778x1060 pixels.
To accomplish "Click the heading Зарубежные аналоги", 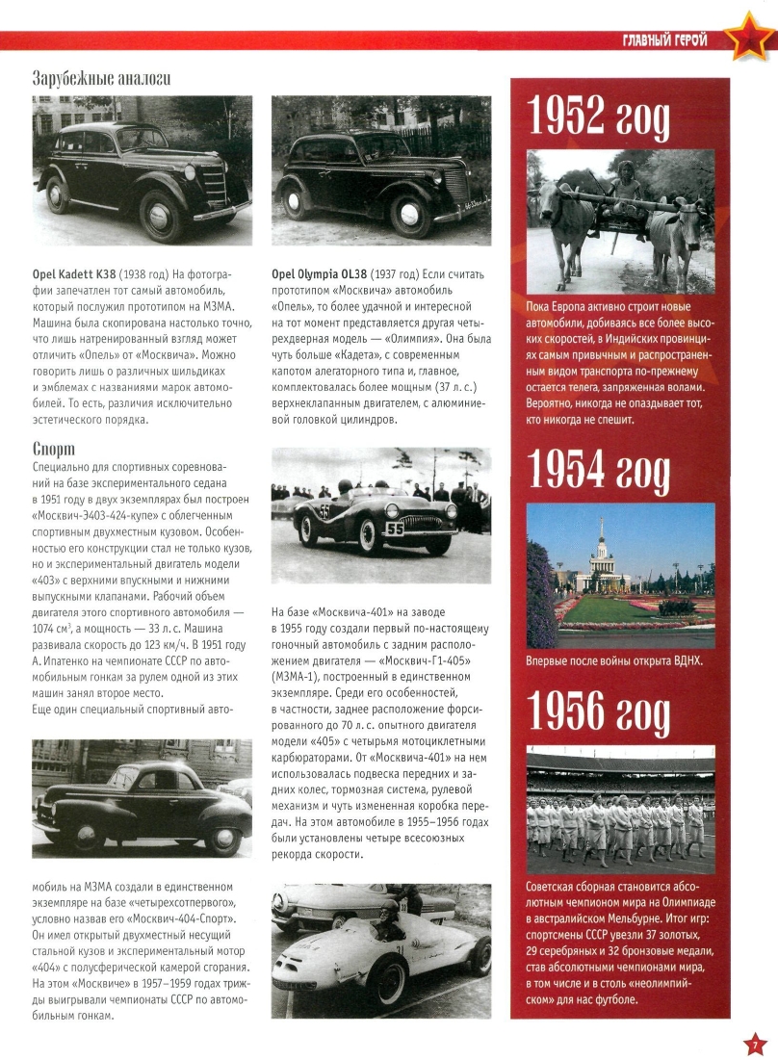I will (101, 78).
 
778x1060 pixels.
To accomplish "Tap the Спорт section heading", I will (54, 449).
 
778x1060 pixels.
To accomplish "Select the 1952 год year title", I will (599, 118).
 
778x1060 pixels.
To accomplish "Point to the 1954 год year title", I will (599, 469).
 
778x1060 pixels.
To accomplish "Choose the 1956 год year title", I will (599, 713).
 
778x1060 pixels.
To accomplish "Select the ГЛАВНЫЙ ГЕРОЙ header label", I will (664, 39).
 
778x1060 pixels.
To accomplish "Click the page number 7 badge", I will (757, 1043).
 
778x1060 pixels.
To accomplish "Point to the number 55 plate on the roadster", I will (395, 528).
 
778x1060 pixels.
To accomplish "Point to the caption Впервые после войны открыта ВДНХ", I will (614, 661).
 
